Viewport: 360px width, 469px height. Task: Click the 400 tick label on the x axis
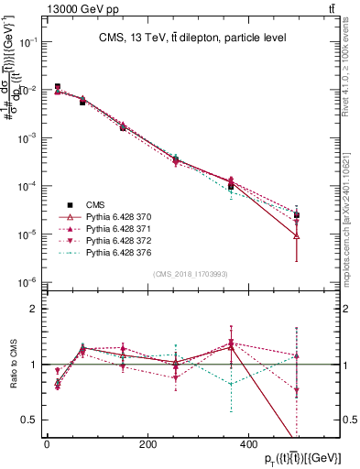(249, 445)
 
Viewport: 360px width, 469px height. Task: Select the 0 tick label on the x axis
(47, 445)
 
